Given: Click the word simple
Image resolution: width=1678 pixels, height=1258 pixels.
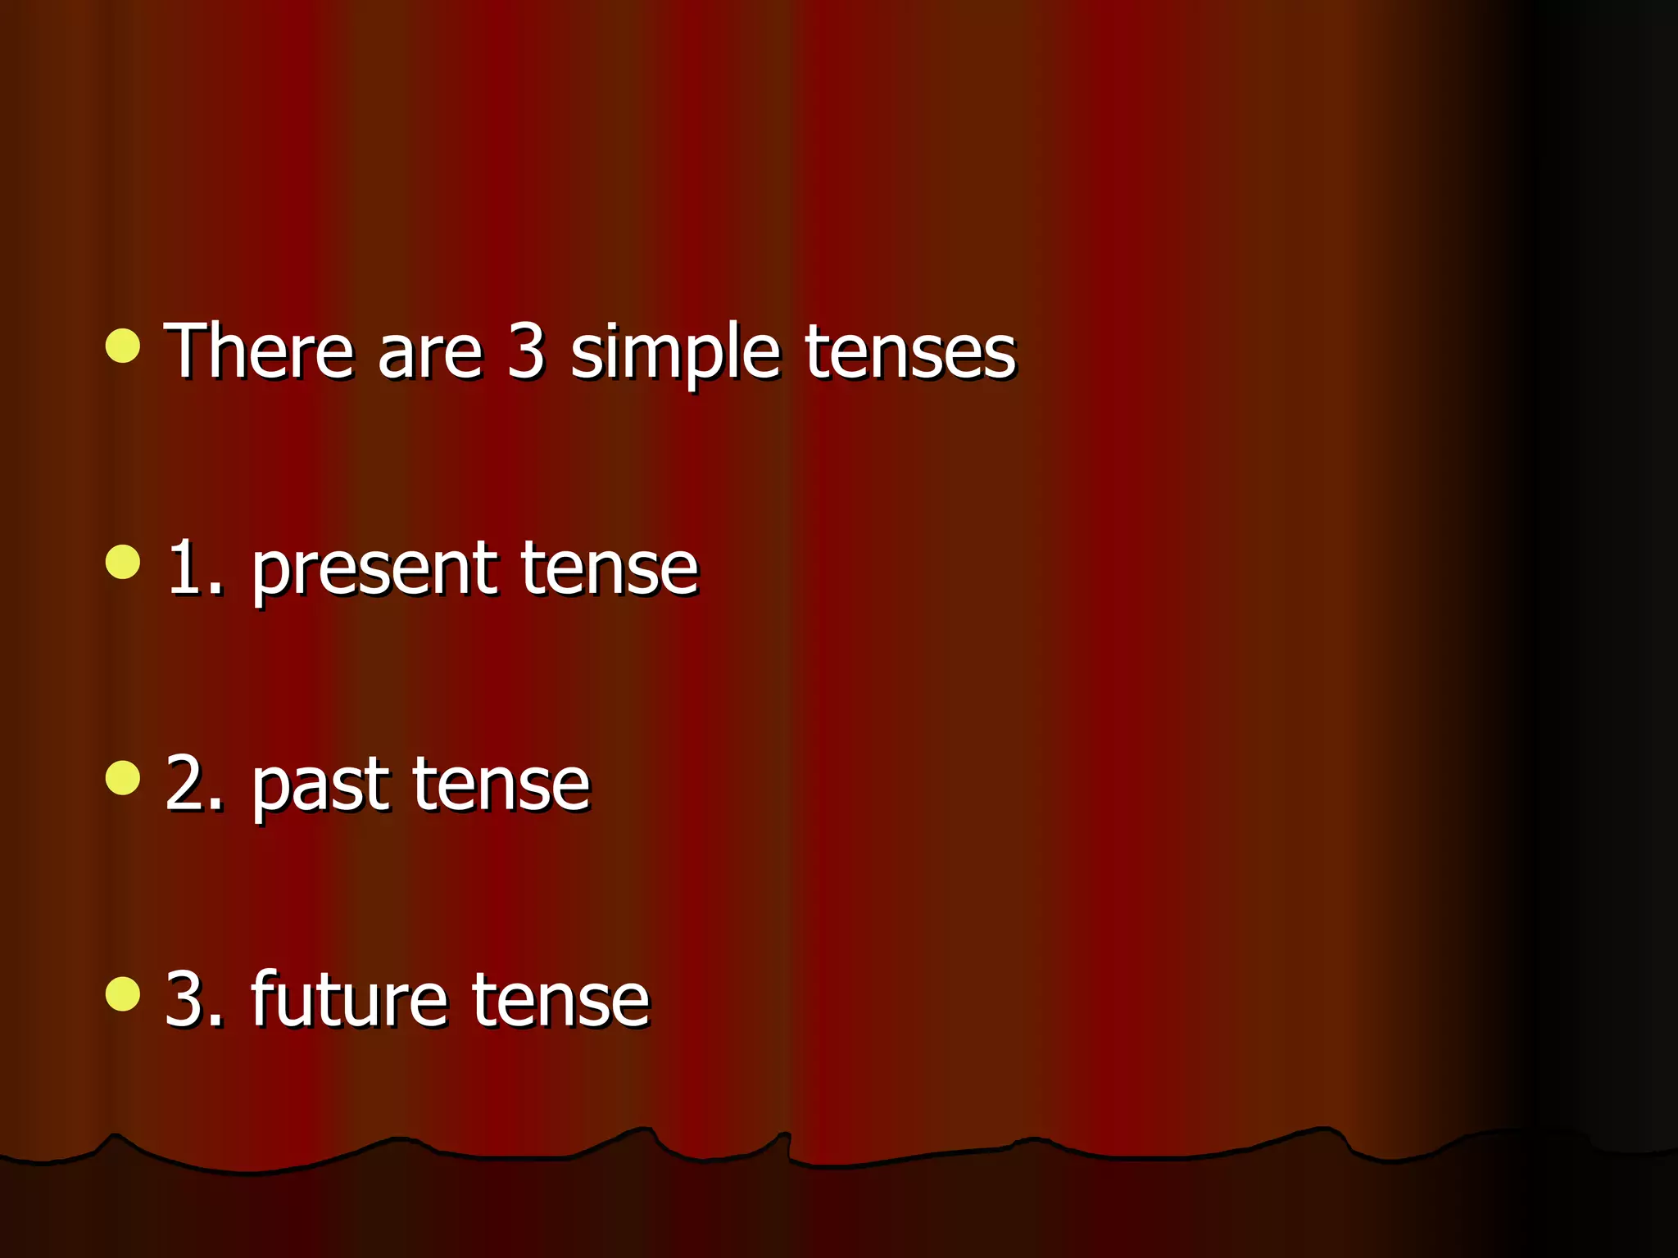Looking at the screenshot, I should click(x=673, y=354).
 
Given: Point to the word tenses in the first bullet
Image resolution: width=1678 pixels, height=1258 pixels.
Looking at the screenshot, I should click(x=909, y=354).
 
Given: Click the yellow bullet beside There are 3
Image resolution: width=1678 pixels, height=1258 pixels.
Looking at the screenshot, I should click(x=123, y=346).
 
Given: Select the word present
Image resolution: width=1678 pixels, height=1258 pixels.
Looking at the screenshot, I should click(x=374, y=571).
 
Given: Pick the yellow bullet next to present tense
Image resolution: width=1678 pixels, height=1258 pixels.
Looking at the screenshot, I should click(x=123, y=562).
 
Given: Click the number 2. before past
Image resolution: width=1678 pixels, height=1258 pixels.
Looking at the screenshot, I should click(x=193, y=785).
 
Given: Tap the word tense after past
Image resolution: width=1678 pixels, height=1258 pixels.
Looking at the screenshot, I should click(x=501, y=785).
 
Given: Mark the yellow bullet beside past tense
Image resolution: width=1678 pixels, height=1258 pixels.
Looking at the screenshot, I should click(x=123, y=778).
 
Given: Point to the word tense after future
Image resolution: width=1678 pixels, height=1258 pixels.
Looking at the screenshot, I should click(x=560, y=1001).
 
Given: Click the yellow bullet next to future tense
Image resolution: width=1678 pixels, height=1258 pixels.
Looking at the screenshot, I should click(x=123, y=994).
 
